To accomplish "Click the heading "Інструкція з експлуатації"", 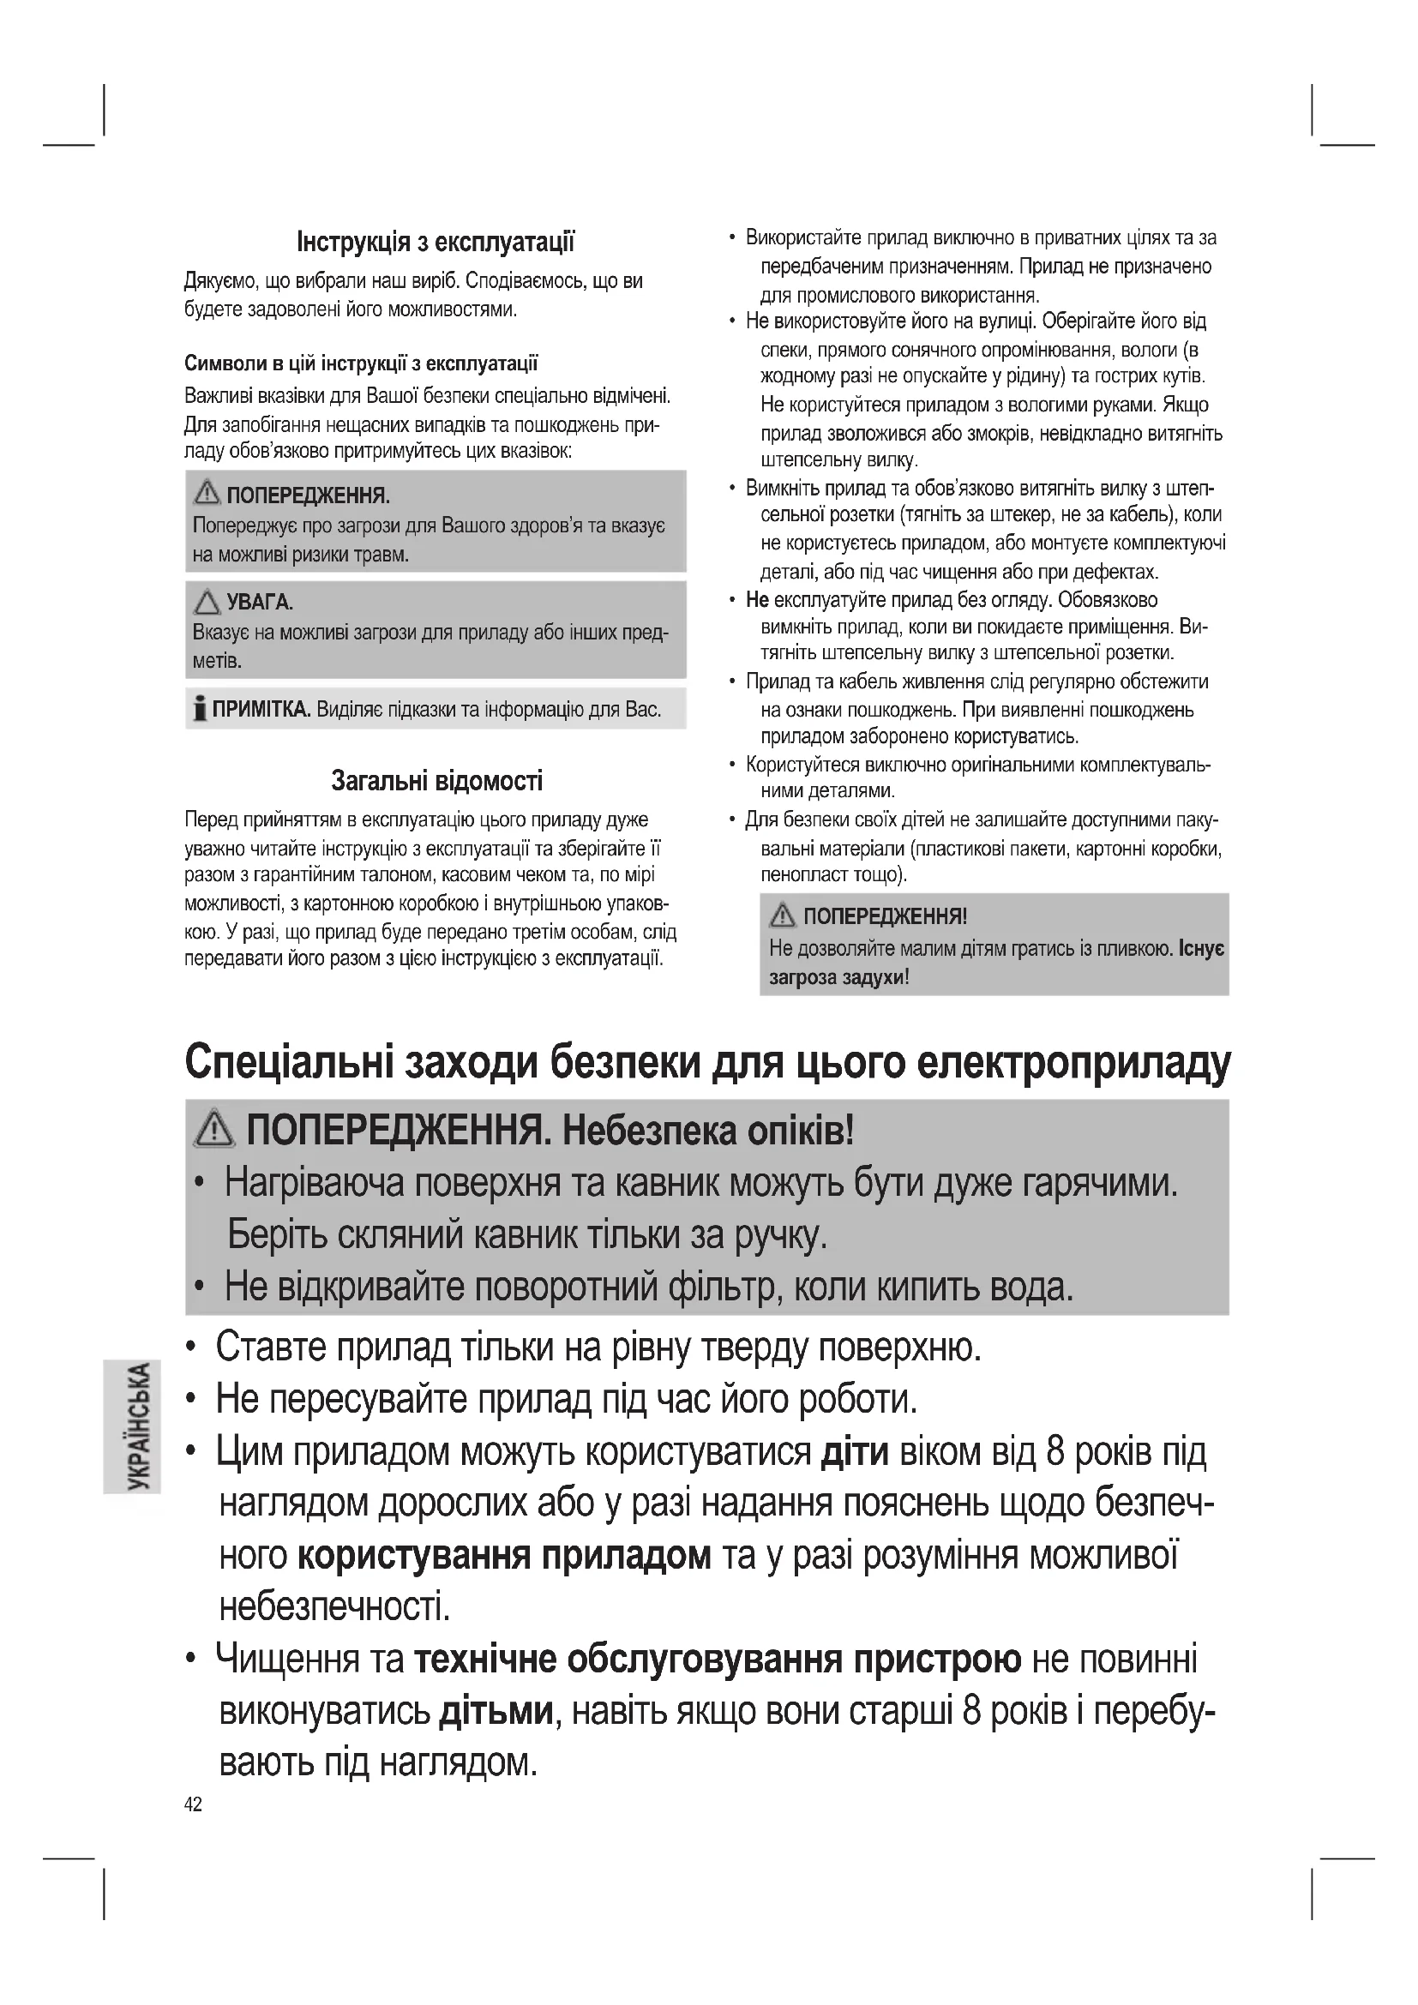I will pos(436,242).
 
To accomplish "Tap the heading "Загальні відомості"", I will pos(436,780).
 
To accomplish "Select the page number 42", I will pos(193,1805).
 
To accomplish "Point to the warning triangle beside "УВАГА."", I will pos(207,602).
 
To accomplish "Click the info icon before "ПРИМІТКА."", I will pos(200,708).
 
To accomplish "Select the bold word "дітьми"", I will pos(496,1711).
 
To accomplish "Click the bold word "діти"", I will pos(855,1452).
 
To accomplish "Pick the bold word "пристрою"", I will pos(937,1660).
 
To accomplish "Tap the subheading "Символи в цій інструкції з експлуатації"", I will pos(362,363).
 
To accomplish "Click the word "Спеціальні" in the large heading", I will pos(288,1062).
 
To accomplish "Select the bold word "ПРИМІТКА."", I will pos(262,709).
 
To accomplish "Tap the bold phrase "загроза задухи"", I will pos(836,977).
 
